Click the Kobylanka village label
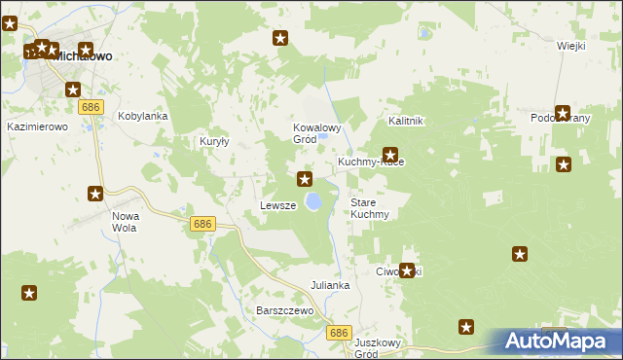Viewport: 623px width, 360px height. tap(143, 116)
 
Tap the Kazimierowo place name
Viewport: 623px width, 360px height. tap(37, 127)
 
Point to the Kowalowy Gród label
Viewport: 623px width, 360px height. tap(317, 133)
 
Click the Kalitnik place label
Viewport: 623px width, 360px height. tap(405, 121)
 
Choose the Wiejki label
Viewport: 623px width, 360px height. tap(570, 46)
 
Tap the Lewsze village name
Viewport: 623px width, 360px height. tap(277, 206)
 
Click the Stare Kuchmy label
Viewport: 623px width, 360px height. tap(370, 208)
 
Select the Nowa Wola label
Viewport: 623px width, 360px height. tap(125, 221)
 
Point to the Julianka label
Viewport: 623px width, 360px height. tap(330, 286)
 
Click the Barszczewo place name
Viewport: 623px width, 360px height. tap(283, 310)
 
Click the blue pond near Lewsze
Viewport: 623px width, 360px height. tap(314, 201)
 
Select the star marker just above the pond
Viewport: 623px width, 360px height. tap(305, 179)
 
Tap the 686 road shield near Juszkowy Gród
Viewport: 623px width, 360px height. tap(338, 333)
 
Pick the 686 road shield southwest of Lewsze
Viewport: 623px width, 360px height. tap(202, 224)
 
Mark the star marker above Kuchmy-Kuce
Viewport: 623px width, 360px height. tap(390, 154)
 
